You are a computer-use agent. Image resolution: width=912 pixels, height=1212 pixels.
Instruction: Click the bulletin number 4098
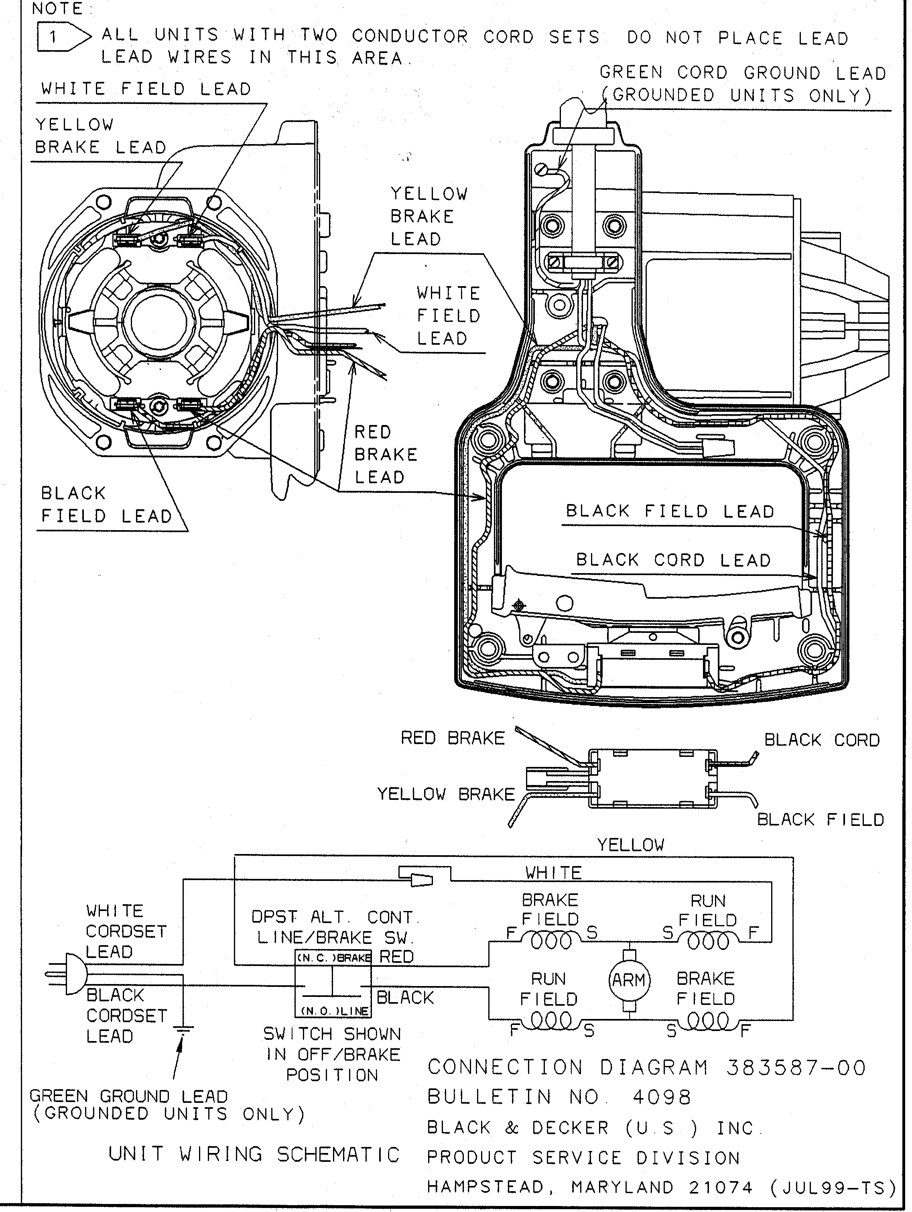coord(662,1098)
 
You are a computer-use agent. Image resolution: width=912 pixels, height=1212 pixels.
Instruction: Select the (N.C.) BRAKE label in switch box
coord(333,958)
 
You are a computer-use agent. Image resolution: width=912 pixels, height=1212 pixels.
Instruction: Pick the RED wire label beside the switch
coord(396,957)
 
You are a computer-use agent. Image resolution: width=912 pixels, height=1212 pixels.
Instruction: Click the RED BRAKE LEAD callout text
coord(385,454)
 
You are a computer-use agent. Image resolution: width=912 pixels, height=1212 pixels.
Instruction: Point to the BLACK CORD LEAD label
coord(673,560)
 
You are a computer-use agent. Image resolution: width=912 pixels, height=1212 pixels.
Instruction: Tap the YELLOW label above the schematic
coord(630,844)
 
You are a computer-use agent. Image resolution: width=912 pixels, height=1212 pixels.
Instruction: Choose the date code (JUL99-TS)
coord(833,1188)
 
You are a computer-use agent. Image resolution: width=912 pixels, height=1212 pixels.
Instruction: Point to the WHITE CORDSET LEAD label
coord(126,931)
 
